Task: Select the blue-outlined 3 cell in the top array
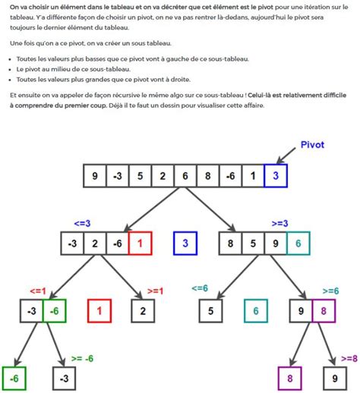click(276, 176)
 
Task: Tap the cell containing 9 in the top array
click(95, 176)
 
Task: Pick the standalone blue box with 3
click(185, 244)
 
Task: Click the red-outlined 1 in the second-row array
click(141, 244)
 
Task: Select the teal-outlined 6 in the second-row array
click(298, 244)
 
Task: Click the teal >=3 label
click(280, 224)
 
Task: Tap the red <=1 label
click(38, 290)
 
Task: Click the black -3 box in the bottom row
click(65, 376)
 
